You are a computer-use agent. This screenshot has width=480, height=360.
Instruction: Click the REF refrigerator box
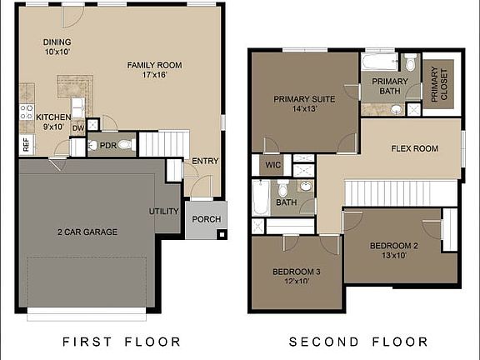click(26, 145)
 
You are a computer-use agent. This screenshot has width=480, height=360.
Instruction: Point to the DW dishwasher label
click(77, 127)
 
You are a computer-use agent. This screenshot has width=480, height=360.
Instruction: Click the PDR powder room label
click(107, 145)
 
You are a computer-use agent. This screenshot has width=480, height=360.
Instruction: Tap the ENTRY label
click(204, 161)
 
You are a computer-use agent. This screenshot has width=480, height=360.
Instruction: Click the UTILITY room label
click(164, 212)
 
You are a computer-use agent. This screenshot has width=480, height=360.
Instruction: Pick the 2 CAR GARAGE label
click(87, 232)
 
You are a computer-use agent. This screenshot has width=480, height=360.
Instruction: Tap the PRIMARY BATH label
click(390, 86)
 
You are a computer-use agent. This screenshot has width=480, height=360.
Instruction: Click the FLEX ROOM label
click(414, 149)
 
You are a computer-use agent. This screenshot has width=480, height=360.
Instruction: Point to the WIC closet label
click(272, 165)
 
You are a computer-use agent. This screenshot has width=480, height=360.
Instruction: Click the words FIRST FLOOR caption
click(122, 342)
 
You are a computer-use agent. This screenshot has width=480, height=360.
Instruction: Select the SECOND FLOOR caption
click(358, 342)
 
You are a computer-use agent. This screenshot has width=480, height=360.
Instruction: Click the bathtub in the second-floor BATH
click(262, 197)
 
